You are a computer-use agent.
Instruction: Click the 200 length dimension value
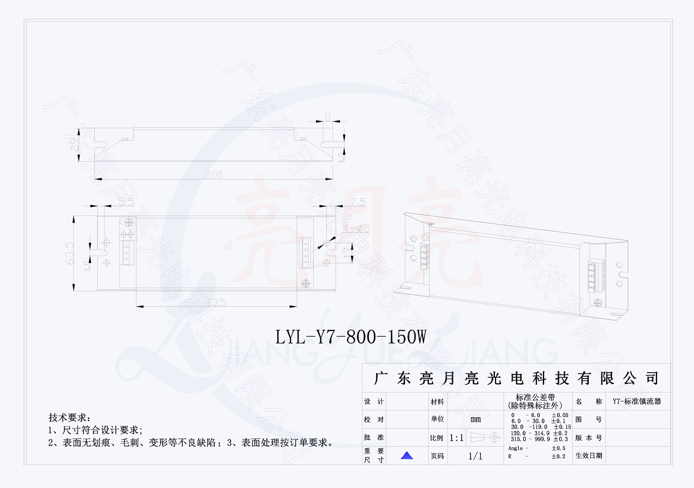[x=214, y=175]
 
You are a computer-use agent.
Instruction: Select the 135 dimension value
[x=216, y=302]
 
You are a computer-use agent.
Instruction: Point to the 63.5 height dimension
[x=70, y=253]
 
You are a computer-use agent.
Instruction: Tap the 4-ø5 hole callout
[x=356, y=228]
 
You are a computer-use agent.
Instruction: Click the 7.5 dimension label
[x=358, y=202]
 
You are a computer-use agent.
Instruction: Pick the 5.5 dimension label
[x=126, y=202]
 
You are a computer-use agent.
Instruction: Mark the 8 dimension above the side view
[x=328, y=117]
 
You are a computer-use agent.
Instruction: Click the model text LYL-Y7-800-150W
[x=351, y=337]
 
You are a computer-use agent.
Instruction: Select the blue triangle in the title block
[x=407, y=455]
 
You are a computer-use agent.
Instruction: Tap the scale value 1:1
[x=456, y=438]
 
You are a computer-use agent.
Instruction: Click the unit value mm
[x=475, y=419]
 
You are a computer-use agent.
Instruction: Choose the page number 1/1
[x=475, y=456]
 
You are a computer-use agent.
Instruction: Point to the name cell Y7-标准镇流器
[x=637, y=402]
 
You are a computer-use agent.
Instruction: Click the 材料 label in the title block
[x=437, y=402]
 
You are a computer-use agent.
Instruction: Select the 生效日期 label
[x=589, y=456]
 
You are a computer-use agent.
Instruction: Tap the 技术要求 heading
[x=69, y=418]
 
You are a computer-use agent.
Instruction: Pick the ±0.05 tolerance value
[x=560, y=415]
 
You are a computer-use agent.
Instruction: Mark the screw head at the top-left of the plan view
[x=129, y=223]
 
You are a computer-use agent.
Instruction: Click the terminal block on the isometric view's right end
[x=596, y=276]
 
